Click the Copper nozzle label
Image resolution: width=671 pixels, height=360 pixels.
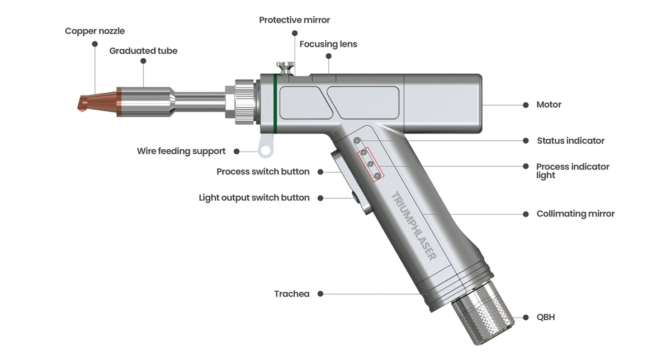pyautogui.click(x=94, y=31)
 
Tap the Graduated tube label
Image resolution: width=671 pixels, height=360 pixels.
pyautogui.click(x=143, y=51)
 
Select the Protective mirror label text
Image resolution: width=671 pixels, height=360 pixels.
pyautogui.click(x=294, y=20)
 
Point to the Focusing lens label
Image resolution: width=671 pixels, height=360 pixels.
pyautogui.click(x=328, y=44)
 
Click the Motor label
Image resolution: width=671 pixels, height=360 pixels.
pyautogui.click(x=549, y=105)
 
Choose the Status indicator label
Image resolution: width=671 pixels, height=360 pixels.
pyautogui.click(x=570, y=141)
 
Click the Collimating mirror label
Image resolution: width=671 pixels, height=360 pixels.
pyautogui.click(x=575, y=214)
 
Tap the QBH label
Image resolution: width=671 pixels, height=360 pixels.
pyautogui.click(x=545, y=318)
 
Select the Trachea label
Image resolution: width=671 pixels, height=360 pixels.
pyautogui.click(x=291, y=294)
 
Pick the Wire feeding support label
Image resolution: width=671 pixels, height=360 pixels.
pyautogui.click(x=181, y=151)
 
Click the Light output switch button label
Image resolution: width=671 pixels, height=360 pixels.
pyautogui.click(x=254, y=198)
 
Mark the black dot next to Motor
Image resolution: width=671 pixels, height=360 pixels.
pyautogui.click(x=525, y=105)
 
